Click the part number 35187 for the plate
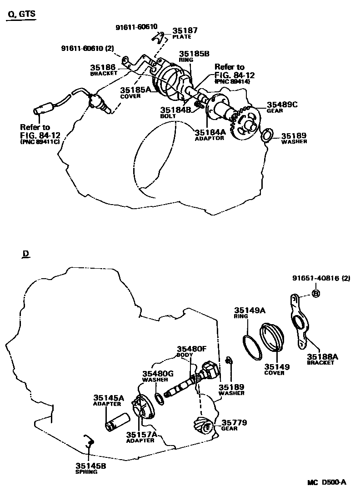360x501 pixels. (x=185, y=31)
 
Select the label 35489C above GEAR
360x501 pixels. (x=282, y=105)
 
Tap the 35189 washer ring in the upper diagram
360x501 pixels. (x=266, y=135)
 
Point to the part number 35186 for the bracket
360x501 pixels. (x=103, y=67)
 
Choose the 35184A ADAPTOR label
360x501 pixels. (x=210, y=133)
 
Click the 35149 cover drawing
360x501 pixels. (x=272, y=338)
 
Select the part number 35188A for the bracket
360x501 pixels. (x=322, y=357)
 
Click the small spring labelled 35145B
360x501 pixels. (x=89, y=440)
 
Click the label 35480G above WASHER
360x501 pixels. (x=158, y=374)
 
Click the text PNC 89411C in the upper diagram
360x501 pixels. (x=40, y=141)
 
